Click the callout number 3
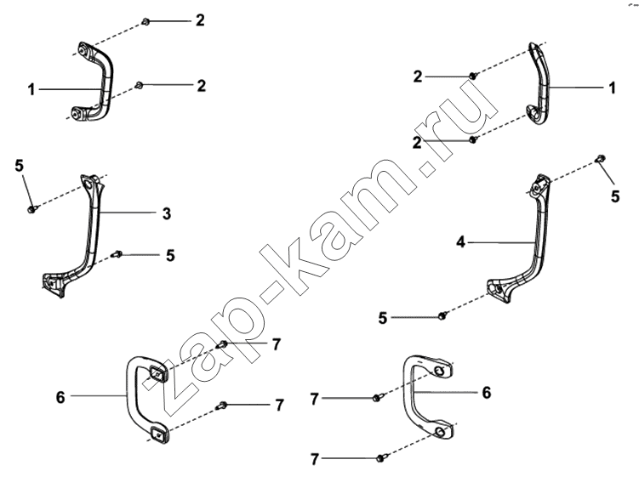pos(167,214)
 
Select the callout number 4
pos(460,243)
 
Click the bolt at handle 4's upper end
pos(601,158)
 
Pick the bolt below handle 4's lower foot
pos(442,315)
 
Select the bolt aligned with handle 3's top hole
pos(32,209)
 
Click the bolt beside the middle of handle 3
pos(117,254)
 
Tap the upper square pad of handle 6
pos(157,372)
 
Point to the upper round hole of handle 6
pos(439,371)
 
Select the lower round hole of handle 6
pos(440,432)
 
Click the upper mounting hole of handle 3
pos(88,185)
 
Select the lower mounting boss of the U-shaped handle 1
pos(77,114)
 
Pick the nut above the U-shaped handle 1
pos(145,21)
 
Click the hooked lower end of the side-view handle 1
pos(533,112)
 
